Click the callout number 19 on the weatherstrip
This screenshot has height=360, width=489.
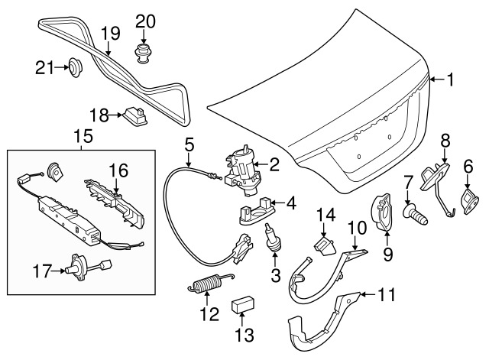coord(111,33)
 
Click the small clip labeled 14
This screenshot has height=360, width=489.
coord(324,245)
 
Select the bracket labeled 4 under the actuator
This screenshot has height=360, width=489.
coord(257,208)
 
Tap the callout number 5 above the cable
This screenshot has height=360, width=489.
coord(189,143)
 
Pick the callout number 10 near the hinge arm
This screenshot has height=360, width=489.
coord(358,228)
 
